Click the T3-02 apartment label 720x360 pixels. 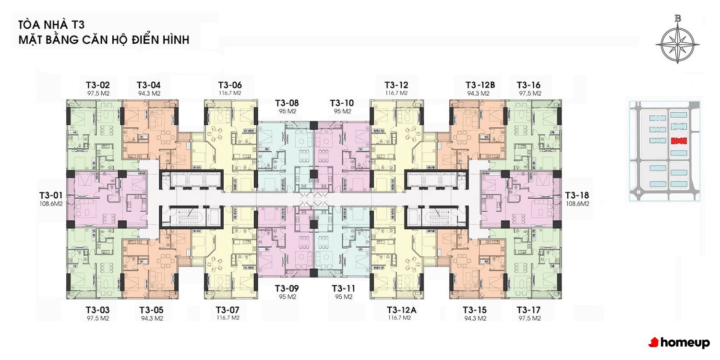[98, 85]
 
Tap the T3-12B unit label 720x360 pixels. [480, 85]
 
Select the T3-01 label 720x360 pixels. [51, 195]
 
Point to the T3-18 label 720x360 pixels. [577, 195]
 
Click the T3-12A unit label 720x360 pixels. [401, 310]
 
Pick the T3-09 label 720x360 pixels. [287, 288]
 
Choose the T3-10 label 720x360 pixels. [342, 103]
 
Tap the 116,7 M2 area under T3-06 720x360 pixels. [230, 93]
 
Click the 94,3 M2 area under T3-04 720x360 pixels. [149, 94]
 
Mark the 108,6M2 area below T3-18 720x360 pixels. [577, 204]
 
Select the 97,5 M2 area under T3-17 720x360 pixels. [529, 318]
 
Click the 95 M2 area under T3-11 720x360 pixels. [344, 297]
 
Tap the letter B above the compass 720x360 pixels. [678, 19]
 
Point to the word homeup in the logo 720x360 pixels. [685, 343]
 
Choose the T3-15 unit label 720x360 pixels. [474, 310]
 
